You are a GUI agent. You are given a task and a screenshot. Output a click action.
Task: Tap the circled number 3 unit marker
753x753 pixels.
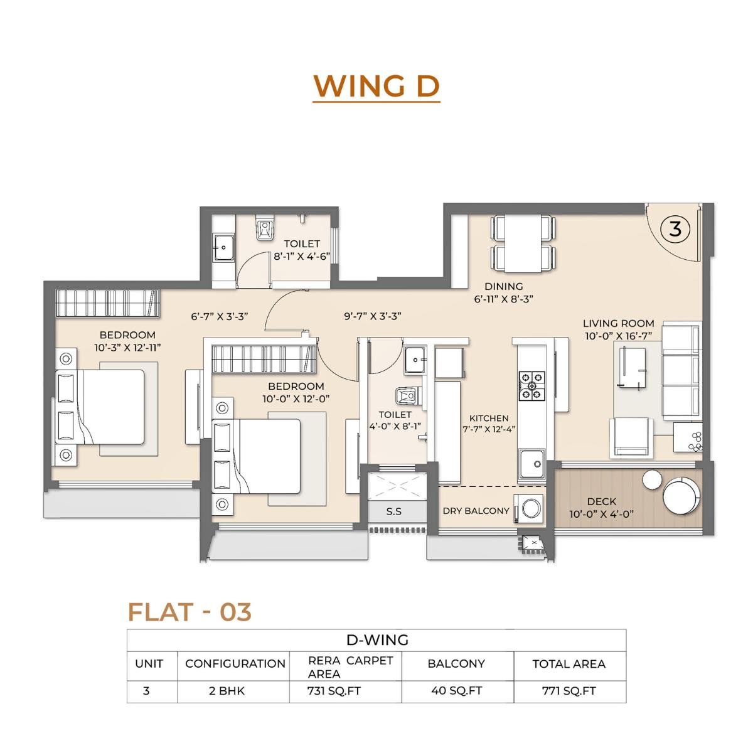click(675, 229)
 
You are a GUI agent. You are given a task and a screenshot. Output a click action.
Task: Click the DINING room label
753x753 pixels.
click(503, 287)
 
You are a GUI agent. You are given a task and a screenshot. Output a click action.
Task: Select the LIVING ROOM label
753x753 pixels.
click(618, 324)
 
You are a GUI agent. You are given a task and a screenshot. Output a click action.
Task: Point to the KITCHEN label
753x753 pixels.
click(489, 418)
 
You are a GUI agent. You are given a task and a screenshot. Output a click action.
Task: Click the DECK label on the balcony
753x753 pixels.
click(601, 501)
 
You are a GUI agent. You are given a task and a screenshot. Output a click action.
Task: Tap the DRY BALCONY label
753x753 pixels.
click(476, 511)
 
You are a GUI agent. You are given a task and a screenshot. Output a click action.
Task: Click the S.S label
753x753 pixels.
click(393, 511)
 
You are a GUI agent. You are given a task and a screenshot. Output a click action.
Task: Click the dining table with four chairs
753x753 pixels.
click(523, 243)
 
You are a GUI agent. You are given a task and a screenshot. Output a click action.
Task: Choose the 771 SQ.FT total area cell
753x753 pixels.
click(569, 691)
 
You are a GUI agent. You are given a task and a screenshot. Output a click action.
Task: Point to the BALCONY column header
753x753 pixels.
click(456, 663)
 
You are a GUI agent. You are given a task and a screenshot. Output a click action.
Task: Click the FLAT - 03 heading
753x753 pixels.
click(190, 612)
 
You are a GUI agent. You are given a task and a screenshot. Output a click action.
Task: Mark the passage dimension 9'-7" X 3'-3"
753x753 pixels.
click(372, 316)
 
